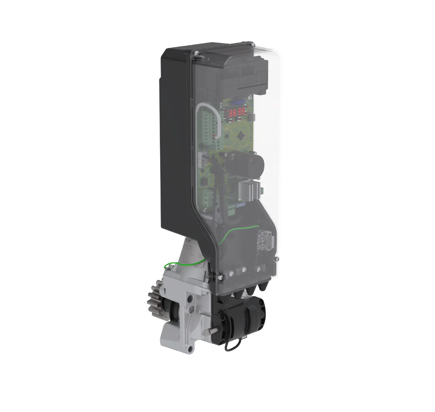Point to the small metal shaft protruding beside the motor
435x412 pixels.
(210, 331)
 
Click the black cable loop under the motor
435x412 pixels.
(233, 343)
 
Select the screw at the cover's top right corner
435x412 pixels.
(252, 44)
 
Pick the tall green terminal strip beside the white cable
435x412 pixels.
(208, 125)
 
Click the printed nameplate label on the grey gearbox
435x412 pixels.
(191, 248)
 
